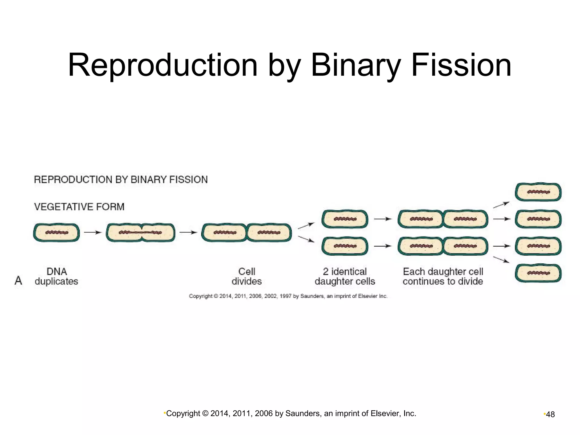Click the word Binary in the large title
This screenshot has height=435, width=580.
click(x=355, y=65)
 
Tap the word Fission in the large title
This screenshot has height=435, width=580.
click(x=461, y=65)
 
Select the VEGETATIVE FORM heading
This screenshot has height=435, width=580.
click(x=79, y=207)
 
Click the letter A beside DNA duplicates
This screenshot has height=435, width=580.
click(x=18, y=281)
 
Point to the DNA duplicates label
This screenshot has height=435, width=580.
click(x=56, y=276)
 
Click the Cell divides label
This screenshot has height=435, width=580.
click(x=247, y=276)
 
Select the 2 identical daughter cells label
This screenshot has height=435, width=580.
click(x=345, y=276)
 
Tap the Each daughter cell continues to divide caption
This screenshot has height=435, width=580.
click(x=443, y=276)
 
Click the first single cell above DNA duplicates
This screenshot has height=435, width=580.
click(x=56, y=233)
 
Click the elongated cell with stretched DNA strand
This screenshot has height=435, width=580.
click(x=140, y=233)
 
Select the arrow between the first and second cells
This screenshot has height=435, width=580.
click(x=93, y=233)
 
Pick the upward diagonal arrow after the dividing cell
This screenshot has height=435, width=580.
click(x=306, y=226)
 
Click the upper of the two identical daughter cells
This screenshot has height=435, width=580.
click(x=345, y=219)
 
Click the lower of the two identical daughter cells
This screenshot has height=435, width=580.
click(x=345, y=246)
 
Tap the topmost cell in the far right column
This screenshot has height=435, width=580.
click(x=538, y=192)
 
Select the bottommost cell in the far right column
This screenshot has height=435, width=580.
click(x=538, y=273)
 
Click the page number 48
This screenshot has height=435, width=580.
click(x=550, y=415)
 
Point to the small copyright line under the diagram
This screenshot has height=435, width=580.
click(x=288, y=296)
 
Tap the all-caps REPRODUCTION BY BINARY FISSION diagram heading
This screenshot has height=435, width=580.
click(x=121, y=180)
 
